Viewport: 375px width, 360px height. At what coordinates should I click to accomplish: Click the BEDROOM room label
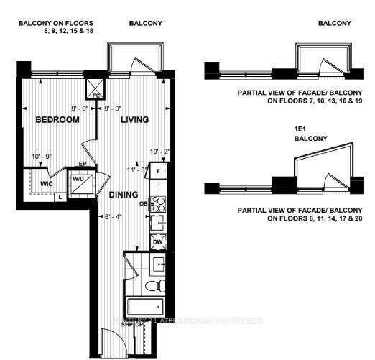coord(57,119)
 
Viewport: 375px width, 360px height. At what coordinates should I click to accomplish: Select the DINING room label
coord(123,194)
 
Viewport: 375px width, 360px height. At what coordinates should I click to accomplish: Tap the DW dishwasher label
coord(158,242)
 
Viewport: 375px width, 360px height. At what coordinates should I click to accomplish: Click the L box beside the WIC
coord(60,196)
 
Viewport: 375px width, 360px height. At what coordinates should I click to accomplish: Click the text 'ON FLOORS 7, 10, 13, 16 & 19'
coord(305,102)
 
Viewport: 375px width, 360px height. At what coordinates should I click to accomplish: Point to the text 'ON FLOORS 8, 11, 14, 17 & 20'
coord(305,218)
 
